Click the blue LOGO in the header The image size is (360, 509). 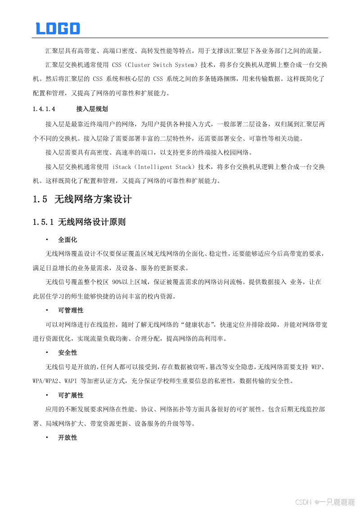(x=58, y=28)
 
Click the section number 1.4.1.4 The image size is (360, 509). (x=44, y=109)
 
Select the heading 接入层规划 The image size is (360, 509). (x=92, y=109)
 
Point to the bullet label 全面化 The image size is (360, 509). (x=67, y=240)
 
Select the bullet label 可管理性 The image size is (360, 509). (x=71, y=311)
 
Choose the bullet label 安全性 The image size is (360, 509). (x=67, y=353)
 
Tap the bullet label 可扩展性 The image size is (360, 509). (x=71, y=395)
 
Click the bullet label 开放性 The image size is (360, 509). (x=67, y=438)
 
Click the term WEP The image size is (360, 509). (x=318, y=367)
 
